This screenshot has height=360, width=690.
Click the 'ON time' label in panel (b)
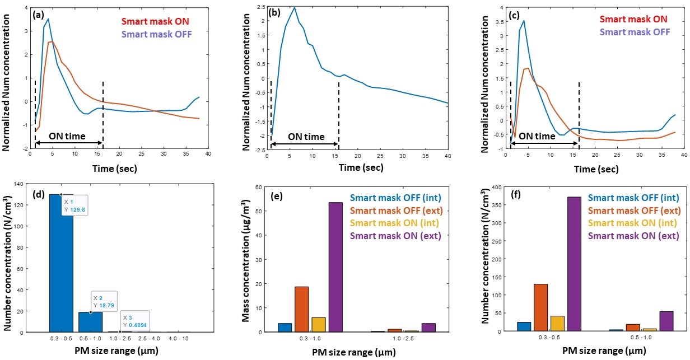click(306, 137)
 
